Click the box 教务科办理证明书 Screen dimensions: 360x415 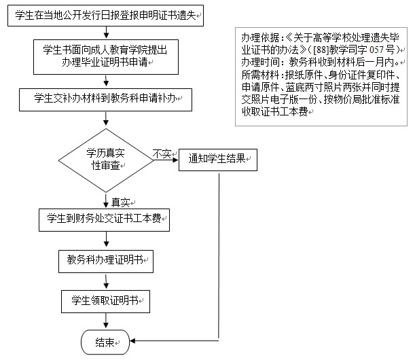[x=105, y=259]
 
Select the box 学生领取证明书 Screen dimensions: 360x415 [x=105, y=300]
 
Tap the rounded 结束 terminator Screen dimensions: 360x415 [x=105, y=342]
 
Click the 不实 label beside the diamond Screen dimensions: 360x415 [x=162, y=154]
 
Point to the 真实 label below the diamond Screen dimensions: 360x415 [x=122, y=202]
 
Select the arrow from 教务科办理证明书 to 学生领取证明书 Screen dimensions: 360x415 [x=106, y=279]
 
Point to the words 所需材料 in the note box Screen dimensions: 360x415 [x=255, y=73]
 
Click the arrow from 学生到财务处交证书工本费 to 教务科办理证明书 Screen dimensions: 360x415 [x=106, y=238]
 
